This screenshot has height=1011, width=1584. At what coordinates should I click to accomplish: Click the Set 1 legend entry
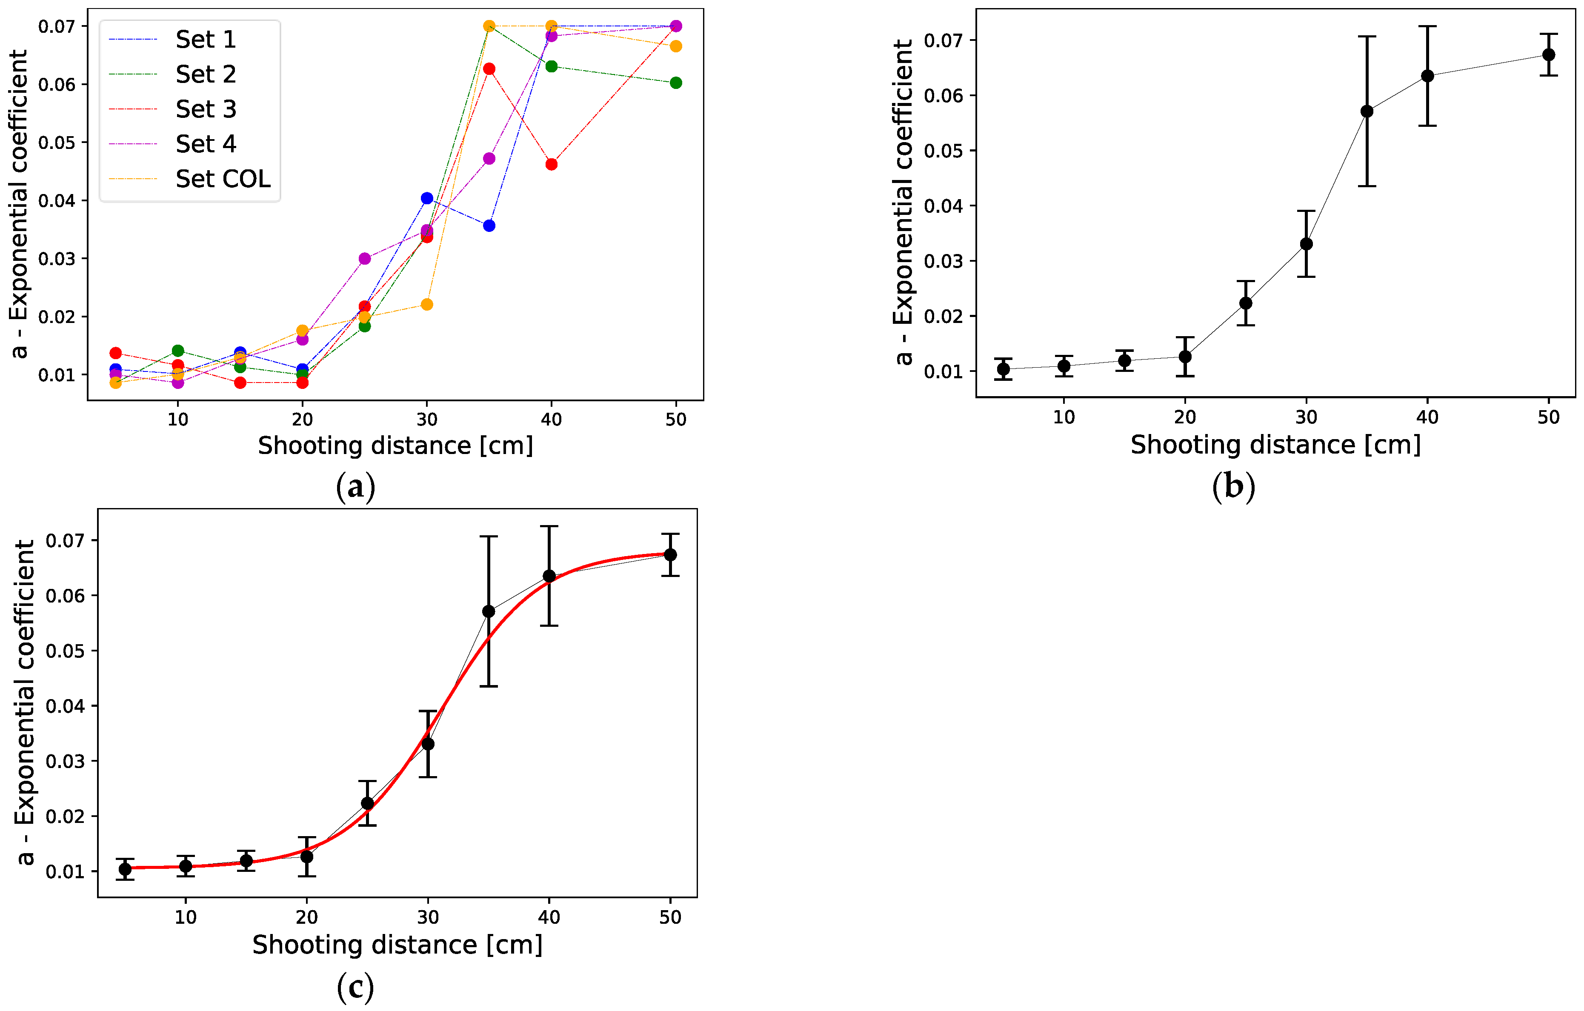click(x=172, y=40)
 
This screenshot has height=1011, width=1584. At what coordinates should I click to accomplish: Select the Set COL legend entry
click(x=189, y=179)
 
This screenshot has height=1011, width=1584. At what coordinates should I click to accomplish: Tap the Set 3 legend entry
click(x=172, y=109)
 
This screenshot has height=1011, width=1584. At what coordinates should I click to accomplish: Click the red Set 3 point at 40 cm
click(x=551, y=164)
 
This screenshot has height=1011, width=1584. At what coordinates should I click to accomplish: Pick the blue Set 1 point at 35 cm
click(x=489, y=226)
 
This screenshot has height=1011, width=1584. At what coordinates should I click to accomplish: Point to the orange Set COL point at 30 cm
click(x=427, y=305)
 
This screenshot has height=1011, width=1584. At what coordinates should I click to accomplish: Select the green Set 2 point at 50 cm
click(x=675, y=83)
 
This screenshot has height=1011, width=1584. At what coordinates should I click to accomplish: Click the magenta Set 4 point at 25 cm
click(x=364, y=259)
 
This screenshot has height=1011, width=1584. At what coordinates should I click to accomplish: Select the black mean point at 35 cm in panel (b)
click(x=1367, y=111)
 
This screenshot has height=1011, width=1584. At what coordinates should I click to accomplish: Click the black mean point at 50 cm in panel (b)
click(x=1549, y=54)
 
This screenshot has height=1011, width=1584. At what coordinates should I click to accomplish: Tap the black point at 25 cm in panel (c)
click(x=367, y=803)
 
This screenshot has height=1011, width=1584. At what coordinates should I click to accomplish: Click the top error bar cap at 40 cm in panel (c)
click(x=549, y=526)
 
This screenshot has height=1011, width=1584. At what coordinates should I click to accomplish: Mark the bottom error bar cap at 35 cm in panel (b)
click(x=1367, y=186)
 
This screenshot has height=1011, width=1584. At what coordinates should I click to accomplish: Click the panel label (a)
click(x=355, y=487)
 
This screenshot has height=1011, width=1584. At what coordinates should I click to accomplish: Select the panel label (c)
click(x=355, y=987)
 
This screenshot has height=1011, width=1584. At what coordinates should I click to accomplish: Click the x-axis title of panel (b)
click(x=1275, y=446)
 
